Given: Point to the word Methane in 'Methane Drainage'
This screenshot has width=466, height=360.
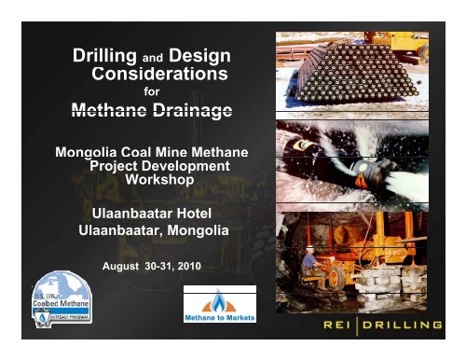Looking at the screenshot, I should tap(114, 113).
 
